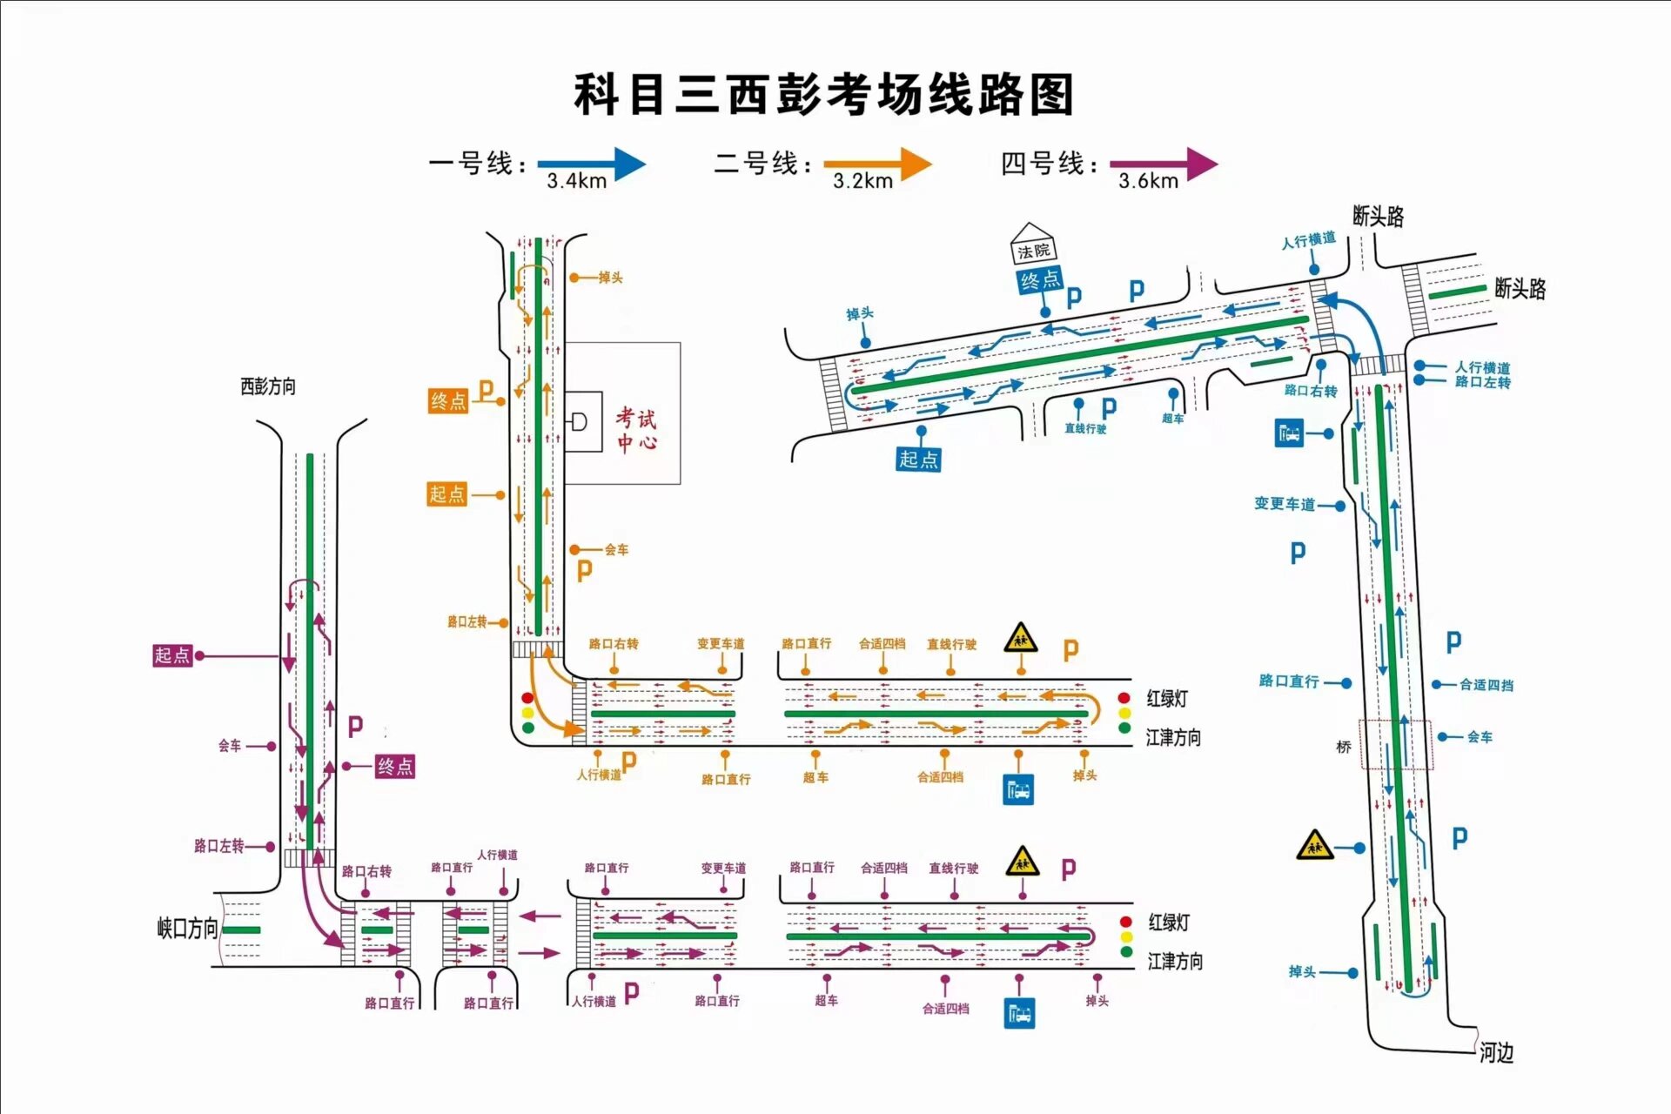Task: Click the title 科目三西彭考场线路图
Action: tap(823, 94)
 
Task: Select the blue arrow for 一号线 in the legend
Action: tap(591, 163)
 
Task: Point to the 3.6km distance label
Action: tap(1148, 181)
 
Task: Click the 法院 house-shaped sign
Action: tap(1033, 245)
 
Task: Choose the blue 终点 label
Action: tap(1040, 280)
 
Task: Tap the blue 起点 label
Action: tap(918, 459)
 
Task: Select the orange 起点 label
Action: tap(447, 494)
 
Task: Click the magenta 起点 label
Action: tap(171, 655)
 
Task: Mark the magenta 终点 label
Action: tap(395, 766)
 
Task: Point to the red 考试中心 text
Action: tap(636, 430)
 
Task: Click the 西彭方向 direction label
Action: tap(268, 386)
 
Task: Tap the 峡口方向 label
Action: tap(186, 929)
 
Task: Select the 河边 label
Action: tap(1496, 1053)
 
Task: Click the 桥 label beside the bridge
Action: tap(1344, 747)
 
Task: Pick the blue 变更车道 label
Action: tap(1284, 504)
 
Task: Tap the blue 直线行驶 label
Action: tap(1085, 428)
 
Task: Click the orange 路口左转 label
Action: tap(466, 621)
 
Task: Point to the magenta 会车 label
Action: tap(230, 746)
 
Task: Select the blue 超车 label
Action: tap(1172, 419)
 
